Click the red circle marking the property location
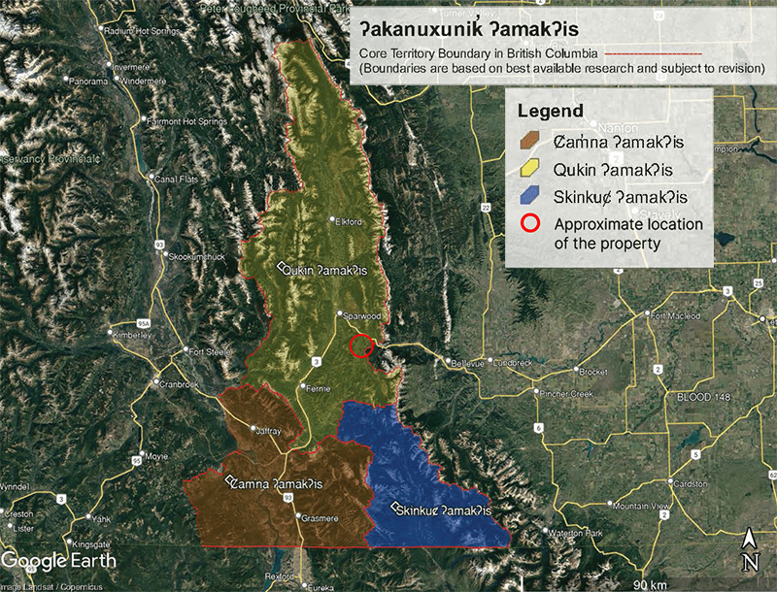361,345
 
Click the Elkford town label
347,221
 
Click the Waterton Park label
578,535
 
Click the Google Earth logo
58,560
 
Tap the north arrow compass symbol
750,549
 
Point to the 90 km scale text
648,583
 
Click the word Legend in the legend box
550,110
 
